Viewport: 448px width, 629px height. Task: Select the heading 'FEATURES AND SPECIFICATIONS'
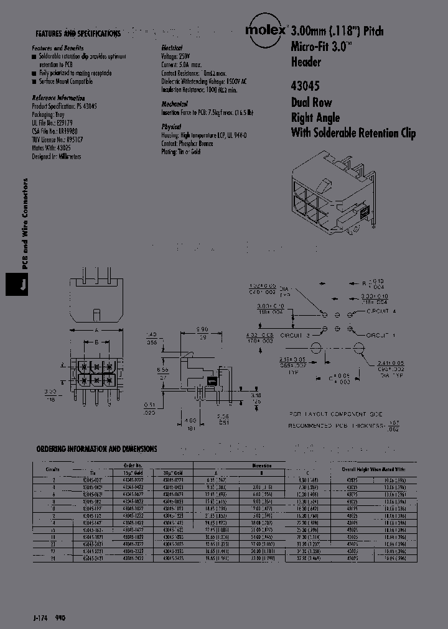(x=78, y=34)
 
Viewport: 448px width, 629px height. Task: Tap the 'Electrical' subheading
(x=172, y=48)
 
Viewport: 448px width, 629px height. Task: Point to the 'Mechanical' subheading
(x=174, y=104)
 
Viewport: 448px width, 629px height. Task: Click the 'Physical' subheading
(x=171, y=126)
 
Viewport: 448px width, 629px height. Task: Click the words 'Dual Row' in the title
(x=311, y=103)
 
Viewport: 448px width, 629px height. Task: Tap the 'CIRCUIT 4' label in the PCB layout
(x=381, y=310)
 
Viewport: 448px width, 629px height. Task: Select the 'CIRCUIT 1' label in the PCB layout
(x=381, y=335)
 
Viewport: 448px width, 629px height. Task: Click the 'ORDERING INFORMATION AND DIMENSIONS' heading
(x=96, y=449)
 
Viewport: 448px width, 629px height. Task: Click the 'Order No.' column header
(x=133, y=464)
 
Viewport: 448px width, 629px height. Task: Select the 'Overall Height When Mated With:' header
(x=373, y=471)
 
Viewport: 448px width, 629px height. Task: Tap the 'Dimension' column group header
(x=261, y=464)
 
